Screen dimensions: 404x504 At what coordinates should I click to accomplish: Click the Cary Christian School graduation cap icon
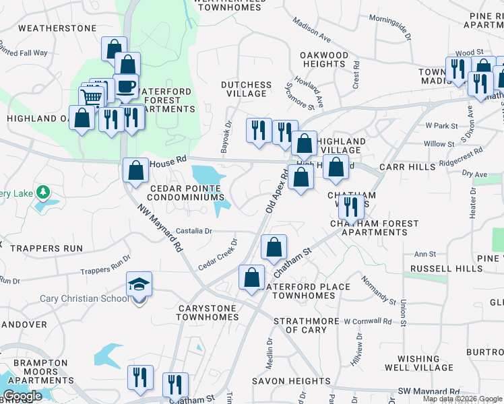point(139,285)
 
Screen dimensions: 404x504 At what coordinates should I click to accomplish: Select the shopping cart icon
point(92,98)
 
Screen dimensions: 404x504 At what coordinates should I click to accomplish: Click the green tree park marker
point(43,193)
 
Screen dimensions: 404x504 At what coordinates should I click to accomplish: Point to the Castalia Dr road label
point(194,231)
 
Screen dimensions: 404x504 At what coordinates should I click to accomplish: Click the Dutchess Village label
point(247,90)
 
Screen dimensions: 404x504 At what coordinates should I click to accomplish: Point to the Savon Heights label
point(292,381)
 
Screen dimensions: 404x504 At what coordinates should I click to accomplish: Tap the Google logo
point(23,396)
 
